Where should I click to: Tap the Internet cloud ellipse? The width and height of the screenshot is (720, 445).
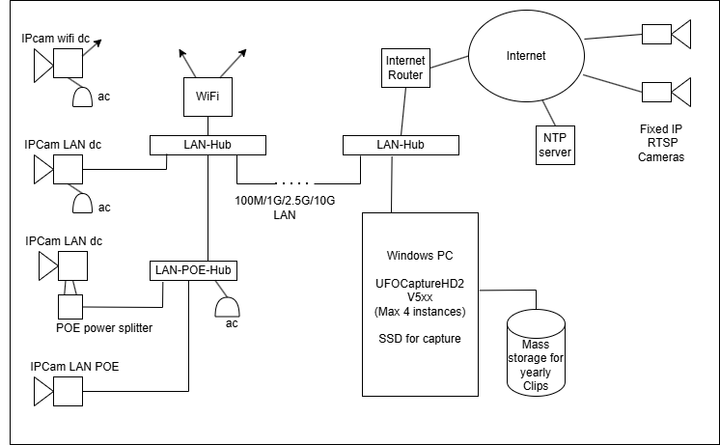pos(525,57)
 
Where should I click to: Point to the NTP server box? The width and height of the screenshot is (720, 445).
pos(554,145)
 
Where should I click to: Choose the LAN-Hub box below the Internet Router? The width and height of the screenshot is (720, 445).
pos(399,145)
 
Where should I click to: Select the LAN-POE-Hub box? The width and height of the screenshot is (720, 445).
pos(195,269)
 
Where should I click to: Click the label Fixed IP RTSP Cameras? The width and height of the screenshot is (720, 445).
pos(661,143)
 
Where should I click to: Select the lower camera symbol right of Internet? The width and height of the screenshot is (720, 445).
pos(670,93)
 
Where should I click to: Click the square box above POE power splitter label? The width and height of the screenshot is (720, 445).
pos(71,307)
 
